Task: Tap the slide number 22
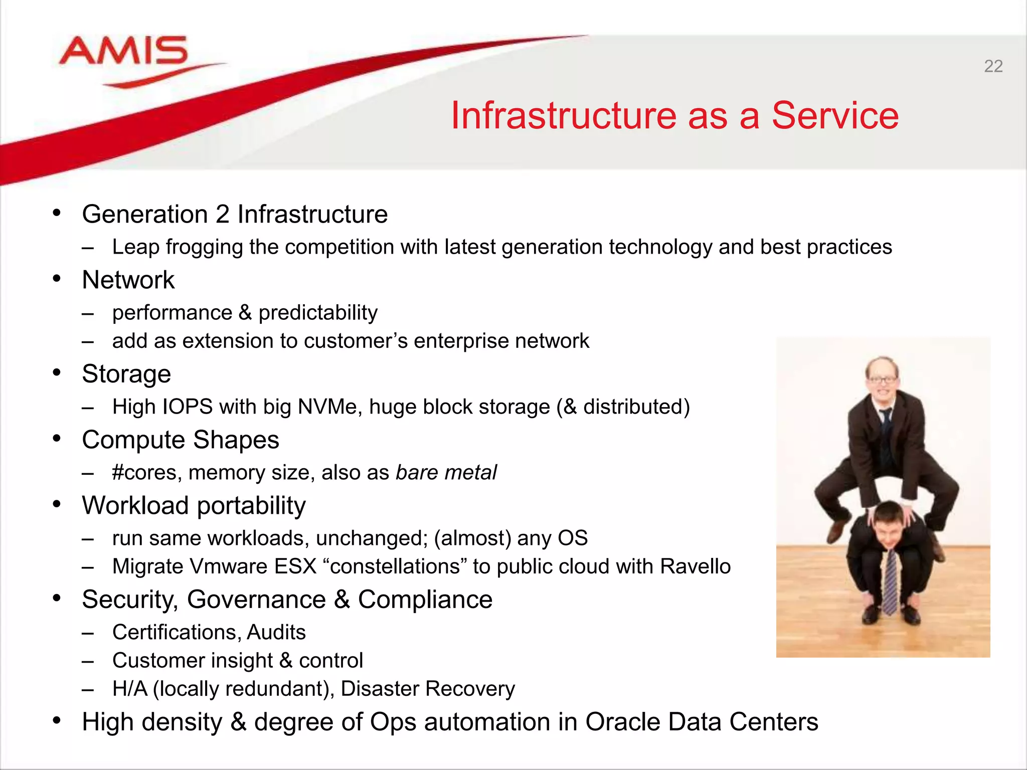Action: click(x=993, y=66)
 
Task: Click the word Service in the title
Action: click(x=834, y=115)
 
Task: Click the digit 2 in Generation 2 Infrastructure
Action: click(x=222, y=214)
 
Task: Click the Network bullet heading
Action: click(x=128, y=280)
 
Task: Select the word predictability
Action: click(x=318, y=313)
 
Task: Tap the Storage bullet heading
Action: click(x=126, y=374)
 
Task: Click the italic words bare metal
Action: click(x=446, y=472)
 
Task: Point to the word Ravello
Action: click(x=695, y=566)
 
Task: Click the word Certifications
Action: click(x=176, y=632)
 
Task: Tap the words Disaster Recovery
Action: click(x=428, y=689)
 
